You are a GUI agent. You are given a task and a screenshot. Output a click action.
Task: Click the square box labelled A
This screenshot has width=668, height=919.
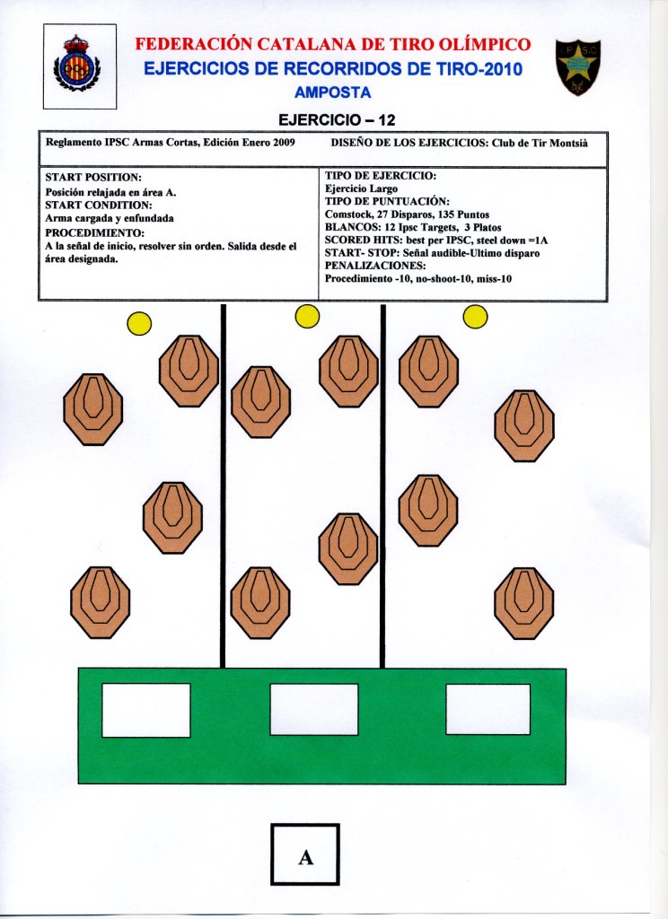coord(305,854)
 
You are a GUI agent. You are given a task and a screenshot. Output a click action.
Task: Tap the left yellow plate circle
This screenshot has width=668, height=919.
coord(139,323)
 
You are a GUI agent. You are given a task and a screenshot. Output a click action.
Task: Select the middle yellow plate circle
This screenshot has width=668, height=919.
coord(307,316)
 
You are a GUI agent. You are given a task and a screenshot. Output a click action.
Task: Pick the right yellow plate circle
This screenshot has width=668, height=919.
coord(475,316)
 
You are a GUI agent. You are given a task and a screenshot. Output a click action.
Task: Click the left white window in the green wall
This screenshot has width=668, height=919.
coord(146,710)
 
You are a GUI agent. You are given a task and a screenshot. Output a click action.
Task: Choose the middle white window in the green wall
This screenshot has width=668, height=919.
coord(314,709)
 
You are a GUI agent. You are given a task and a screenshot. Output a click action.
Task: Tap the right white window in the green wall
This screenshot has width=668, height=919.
coord(488,709)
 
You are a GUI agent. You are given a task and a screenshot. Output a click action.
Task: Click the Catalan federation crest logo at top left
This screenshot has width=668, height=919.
coord(77,66)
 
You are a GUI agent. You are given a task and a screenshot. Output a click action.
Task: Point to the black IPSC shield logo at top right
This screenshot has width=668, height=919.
coord(577,66)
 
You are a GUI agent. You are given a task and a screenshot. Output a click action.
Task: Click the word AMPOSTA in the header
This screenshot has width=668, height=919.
coord(332,92)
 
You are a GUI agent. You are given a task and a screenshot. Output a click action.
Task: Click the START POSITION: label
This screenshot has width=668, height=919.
coord(93,177)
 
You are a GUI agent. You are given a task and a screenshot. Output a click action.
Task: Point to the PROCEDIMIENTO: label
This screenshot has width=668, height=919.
coord(95,232)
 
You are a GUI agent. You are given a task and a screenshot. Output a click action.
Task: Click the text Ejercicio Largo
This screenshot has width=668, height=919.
coord(361,189)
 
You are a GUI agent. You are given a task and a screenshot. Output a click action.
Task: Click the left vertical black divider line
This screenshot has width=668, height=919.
coord(223,485)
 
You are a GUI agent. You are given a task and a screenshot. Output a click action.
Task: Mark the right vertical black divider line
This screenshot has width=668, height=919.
coord(382,485)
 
